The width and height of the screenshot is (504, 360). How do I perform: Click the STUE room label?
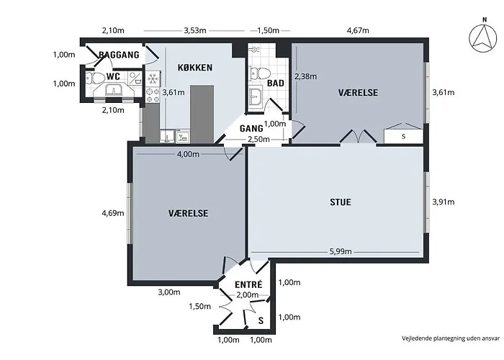coord(341,202)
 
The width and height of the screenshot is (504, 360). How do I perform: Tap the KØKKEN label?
coord(195,68)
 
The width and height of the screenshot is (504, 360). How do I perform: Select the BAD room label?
coord(276,84)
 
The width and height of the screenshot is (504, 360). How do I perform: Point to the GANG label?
coord(251,129)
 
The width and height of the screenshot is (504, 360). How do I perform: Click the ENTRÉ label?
coord(248,284)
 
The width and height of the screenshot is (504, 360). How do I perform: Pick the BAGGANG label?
coord(119,55)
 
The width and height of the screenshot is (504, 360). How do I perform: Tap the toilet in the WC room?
coord(93,78)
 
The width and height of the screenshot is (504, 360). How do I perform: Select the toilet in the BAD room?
coord(259,73)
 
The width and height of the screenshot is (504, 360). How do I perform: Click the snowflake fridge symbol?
coord(153,78)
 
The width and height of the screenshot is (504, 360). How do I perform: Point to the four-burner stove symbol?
coord(153,95)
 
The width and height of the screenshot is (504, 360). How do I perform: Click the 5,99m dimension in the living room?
coord(341,251)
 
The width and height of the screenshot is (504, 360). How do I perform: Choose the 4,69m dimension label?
coord(113,213)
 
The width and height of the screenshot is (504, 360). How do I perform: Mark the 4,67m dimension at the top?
coord(358,30)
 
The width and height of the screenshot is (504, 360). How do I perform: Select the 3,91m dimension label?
coord(444,202)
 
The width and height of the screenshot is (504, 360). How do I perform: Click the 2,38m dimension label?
coord(306,76)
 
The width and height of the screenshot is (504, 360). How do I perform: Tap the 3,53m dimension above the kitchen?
coord(195,30)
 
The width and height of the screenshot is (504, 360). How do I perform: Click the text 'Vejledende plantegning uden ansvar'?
coord(451,338)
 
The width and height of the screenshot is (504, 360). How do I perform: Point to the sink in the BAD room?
coord(256,95)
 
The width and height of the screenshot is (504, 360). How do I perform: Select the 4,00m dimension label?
coord(188,154)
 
